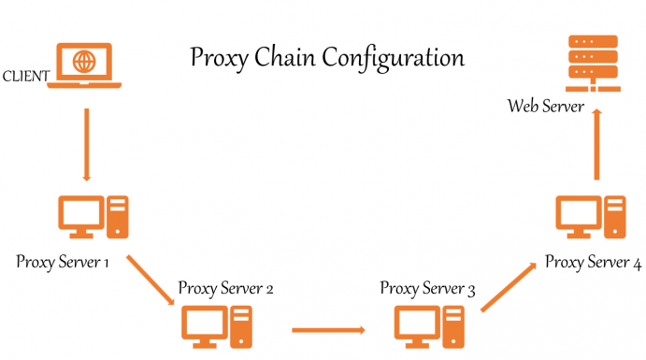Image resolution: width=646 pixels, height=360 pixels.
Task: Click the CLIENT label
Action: pos(27,75)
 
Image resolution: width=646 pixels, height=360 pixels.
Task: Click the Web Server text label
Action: pos(546,106)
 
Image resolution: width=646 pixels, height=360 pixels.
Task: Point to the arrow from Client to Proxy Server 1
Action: pos(87,144)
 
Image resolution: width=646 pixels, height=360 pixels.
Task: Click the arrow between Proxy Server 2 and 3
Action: pos(327,329)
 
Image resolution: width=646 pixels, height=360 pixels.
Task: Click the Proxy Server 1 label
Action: pos(63,261)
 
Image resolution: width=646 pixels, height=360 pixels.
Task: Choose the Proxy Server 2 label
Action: pos(225,287)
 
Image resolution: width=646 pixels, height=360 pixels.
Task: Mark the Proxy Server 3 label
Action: pos(427,287)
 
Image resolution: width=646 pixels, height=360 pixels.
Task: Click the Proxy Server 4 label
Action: pos(593,262)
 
